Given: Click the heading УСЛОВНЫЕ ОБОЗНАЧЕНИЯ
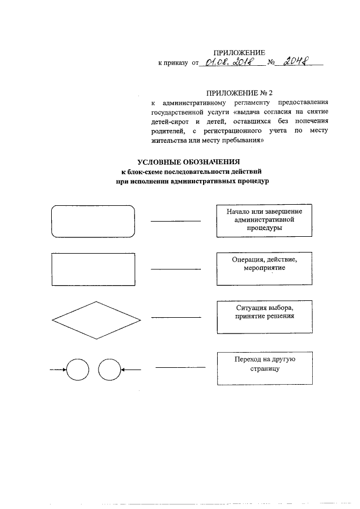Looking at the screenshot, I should (x=192, y=162).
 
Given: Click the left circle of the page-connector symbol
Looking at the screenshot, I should (x=78, y=370).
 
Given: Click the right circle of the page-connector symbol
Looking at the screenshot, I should (x=109, y=370).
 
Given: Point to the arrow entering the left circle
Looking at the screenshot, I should (x=58, y=370).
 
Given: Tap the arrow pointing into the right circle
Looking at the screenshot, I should (x=131, y=370).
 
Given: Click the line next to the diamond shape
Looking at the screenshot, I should (x=175, y=318).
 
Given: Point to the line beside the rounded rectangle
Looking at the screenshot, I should (x=175, y=221).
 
